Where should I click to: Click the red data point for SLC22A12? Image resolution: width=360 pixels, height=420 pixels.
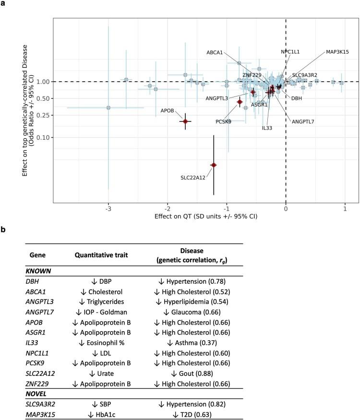[214, 165]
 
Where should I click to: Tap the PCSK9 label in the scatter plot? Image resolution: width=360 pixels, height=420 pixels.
[223, 122]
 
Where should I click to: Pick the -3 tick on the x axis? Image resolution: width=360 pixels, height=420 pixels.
[108, 209]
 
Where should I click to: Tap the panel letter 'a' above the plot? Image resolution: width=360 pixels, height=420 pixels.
[4, 4]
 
